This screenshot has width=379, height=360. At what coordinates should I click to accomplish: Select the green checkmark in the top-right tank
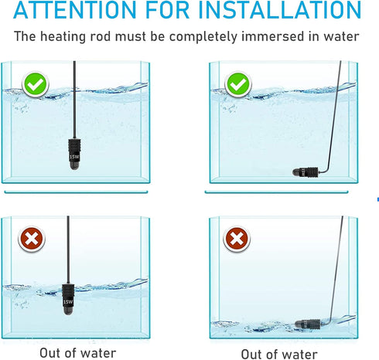237,83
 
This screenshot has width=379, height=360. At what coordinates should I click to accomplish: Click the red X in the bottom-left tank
32,239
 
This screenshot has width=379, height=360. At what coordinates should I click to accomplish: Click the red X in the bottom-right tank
237,239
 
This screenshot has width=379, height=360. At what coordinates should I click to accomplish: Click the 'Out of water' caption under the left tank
77,353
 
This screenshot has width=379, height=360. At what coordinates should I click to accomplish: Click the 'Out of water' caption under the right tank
280,353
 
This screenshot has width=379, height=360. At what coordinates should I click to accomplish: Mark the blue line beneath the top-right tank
282,191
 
